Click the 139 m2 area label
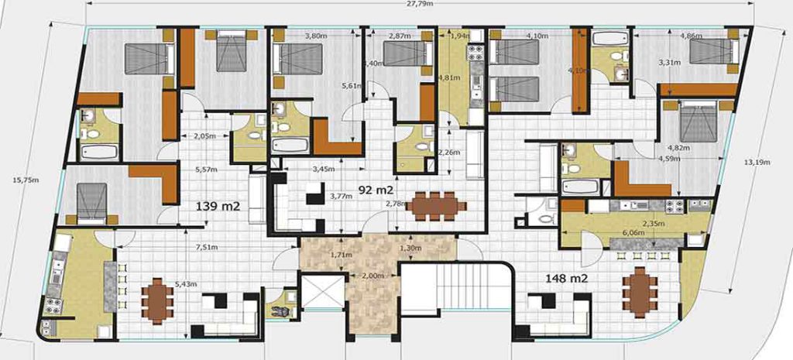click(219, 206)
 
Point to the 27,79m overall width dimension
click(418, 4)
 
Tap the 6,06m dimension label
click(633, 231)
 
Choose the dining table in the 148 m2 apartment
click(639, 292)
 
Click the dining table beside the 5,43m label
click(157, 300)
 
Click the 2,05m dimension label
click(203, 136)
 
